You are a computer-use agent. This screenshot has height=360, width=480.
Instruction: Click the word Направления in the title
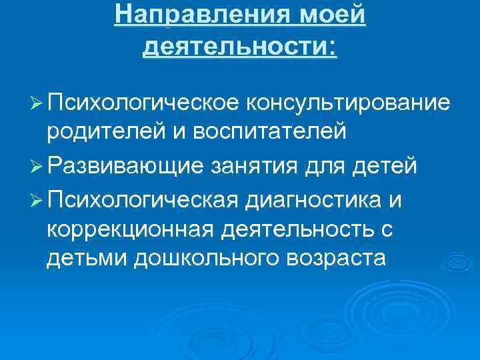pos(201,15)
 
